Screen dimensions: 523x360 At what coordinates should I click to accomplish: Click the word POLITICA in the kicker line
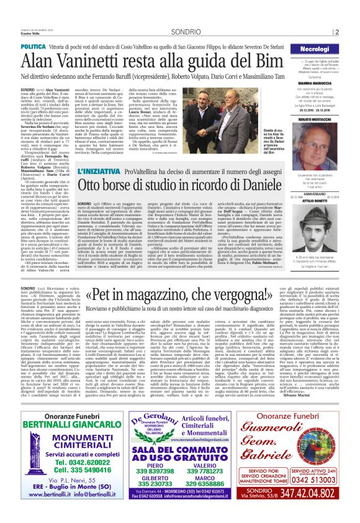tap(33, 47)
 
